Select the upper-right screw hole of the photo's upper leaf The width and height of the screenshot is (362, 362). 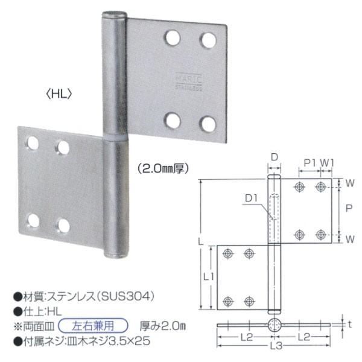209,40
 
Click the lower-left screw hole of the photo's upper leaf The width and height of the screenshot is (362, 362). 173,120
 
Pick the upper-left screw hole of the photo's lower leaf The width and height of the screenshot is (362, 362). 31,143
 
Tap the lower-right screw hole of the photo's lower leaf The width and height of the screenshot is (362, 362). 63,226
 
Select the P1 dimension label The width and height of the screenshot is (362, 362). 310,163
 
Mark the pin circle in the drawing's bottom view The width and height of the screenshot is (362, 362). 274,325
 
